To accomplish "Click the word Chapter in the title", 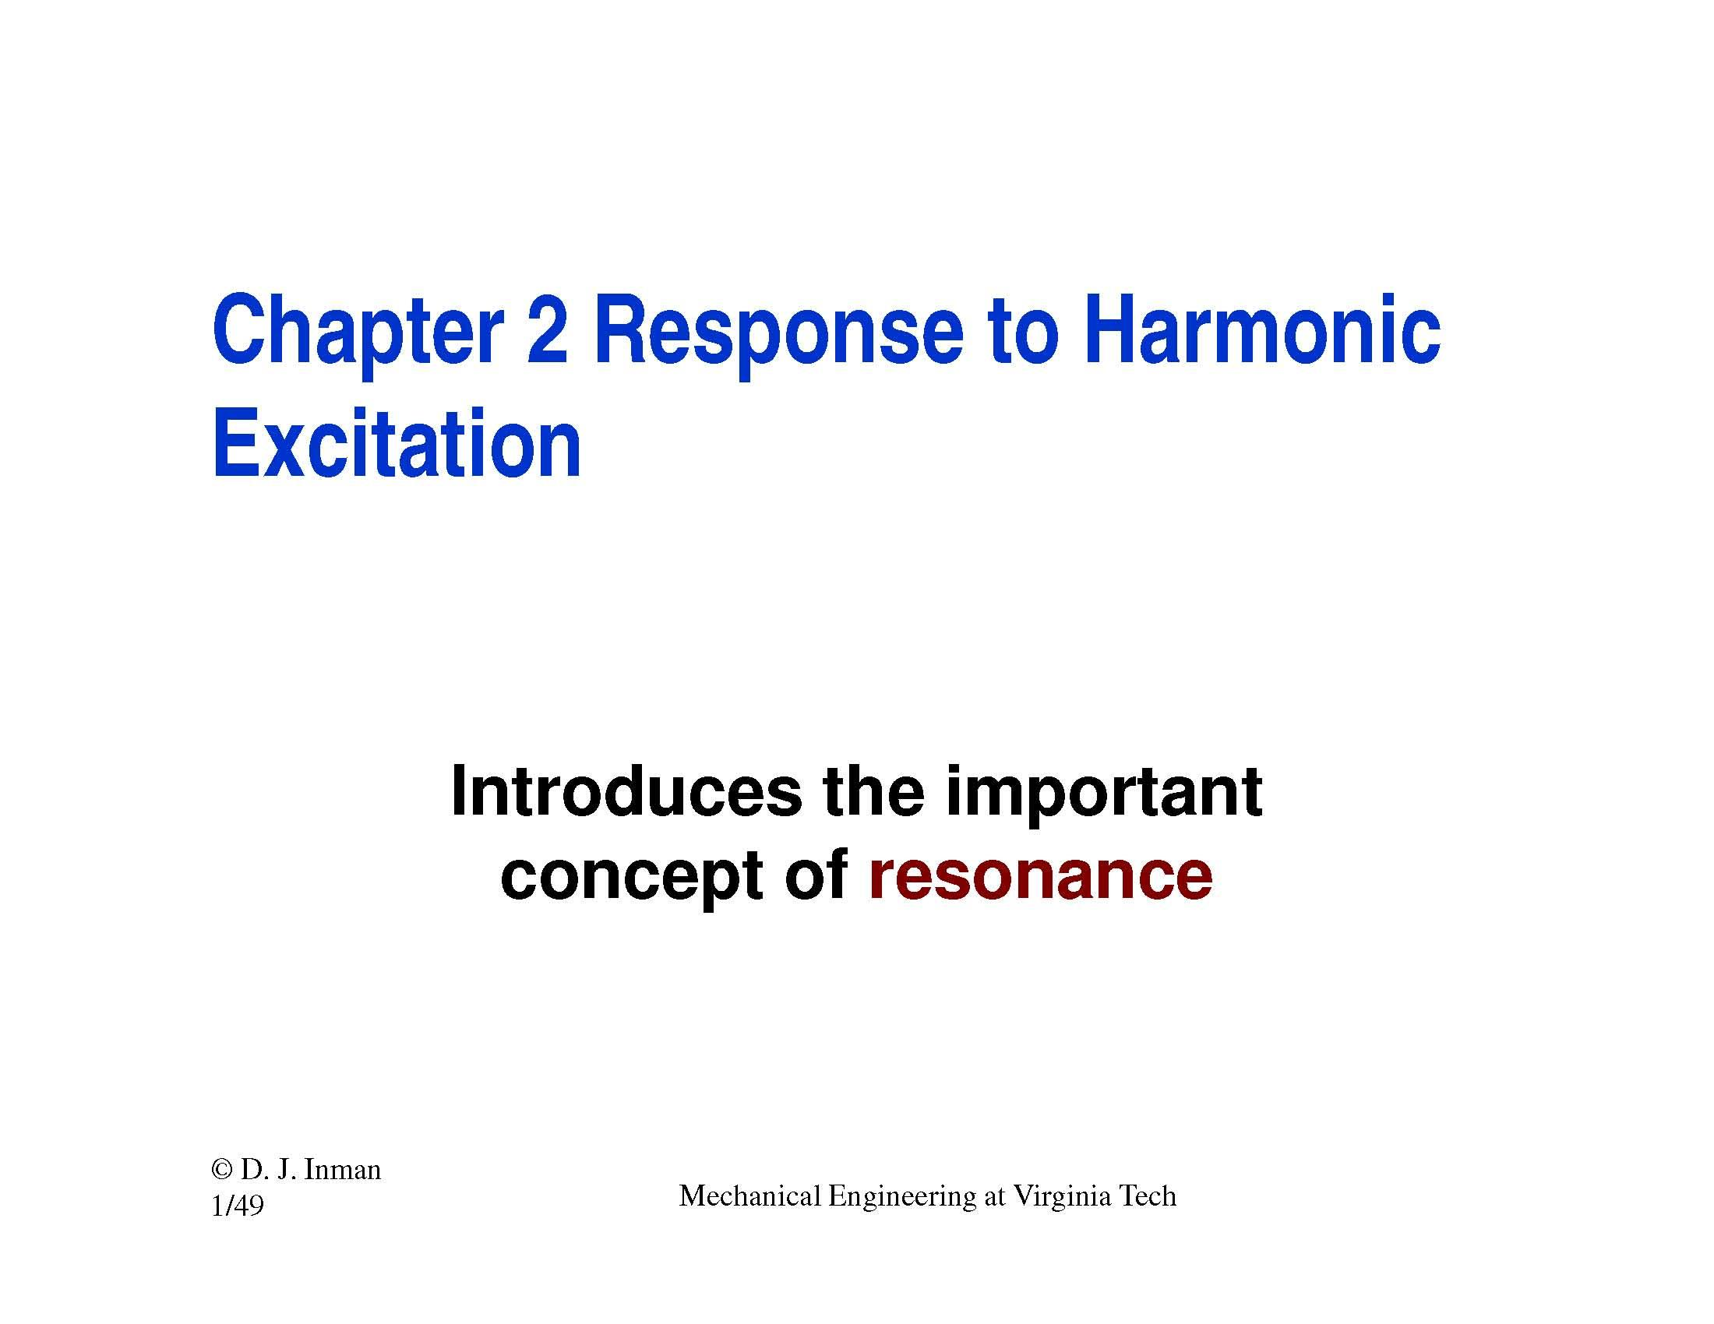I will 356,331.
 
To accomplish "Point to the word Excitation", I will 397,445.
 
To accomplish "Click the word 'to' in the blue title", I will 1025,331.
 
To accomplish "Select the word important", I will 1103,794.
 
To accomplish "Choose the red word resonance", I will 1040,876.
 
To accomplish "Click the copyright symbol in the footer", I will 222,1171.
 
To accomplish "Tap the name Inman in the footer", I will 341,1171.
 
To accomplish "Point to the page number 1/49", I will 237,1205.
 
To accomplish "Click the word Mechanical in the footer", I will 749,1196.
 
